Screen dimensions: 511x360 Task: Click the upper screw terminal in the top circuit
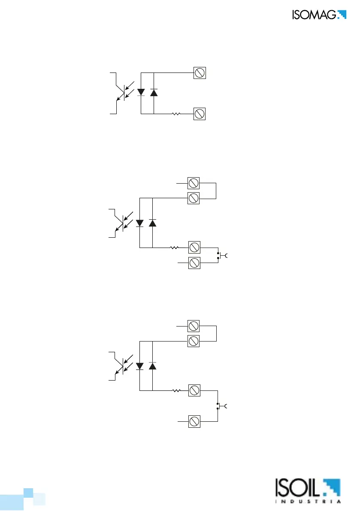[x=199, y=73]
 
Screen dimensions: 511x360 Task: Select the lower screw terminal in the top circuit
[x=199, y=114]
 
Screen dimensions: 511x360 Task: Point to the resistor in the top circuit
[x=176, y=114]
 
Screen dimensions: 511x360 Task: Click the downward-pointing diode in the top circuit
[x=141, y=92]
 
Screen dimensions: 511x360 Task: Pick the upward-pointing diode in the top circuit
[x=154, y=92]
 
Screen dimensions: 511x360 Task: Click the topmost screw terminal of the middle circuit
[x=193, y=184]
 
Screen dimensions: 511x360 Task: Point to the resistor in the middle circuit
[x=175, y=248]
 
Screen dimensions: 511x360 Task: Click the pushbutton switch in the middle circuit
[x=221, y=256]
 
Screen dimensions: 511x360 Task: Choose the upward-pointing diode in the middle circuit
[x=152, y=223]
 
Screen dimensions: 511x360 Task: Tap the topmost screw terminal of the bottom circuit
[x=193, y=327]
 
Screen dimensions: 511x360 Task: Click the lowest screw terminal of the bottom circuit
[x=193, y=421]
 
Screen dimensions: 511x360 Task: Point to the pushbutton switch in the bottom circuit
[x=221, y=406]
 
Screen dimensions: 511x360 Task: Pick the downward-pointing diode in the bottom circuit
[x=140, y=366]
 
